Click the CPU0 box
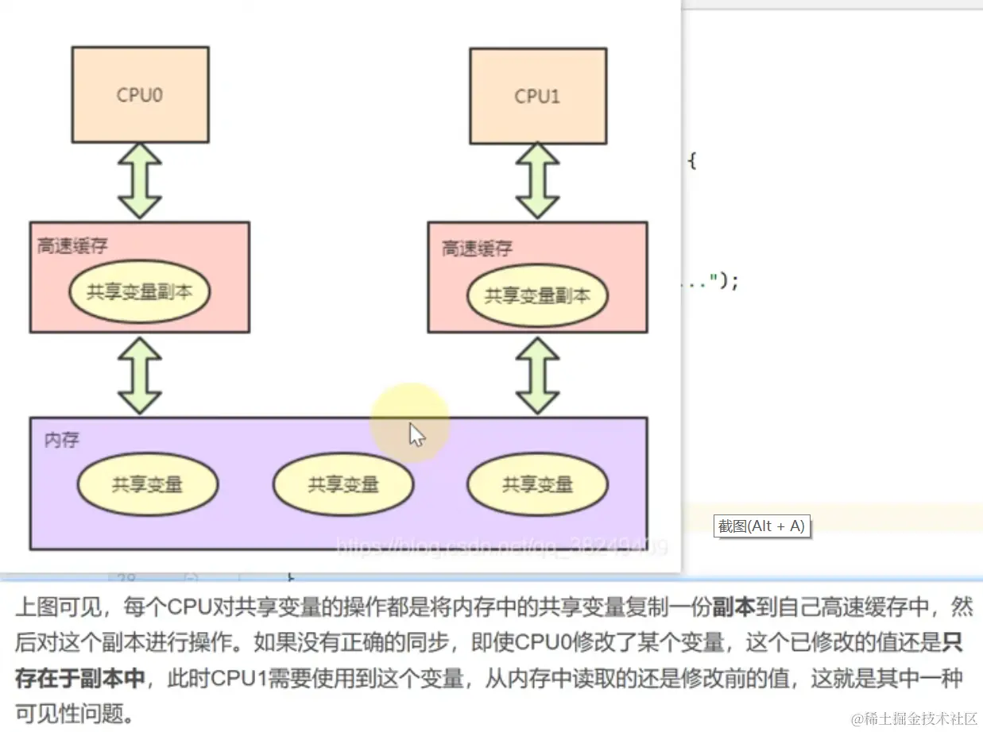pos(140,94)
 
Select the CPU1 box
pos(538,96)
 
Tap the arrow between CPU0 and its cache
pos(140,180)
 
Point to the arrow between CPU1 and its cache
pos(538,180)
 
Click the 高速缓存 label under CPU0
pos(72,246)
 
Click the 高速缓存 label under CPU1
pos(478,248)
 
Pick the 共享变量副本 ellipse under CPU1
pos(538,296)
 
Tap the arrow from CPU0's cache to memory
pos(140,375)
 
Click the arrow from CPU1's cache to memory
pos(538,375)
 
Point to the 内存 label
pos(61,439)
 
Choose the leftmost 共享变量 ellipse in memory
pos(148,484)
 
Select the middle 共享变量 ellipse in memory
pos(343,484)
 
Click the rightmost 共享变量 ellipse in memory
pos(538,484)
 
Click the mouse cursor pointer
pos(416,433)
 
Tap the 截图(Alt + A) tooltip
pos(761,526)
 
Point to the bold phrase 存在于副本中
pos(80,677)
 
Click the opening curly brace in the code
pos(691,161)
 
